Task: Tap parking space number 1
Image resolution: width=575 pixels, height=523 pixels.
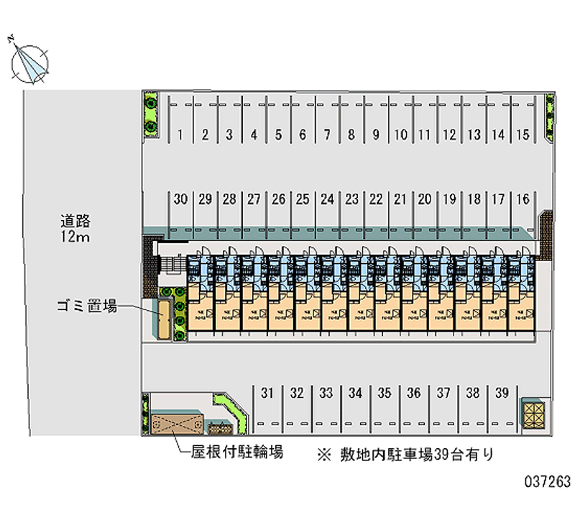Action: coord(180,134)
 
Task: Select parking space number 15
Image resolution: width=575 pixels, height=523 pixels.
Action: coord(523,134)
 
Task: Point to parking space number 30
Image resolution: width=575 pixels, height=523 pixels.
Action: coord(180,199)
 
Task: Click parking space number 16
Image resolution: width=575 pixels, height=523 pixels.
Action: coord(523,199)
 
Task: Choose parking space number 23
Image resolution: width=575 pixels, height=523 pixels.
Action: coord(352,199)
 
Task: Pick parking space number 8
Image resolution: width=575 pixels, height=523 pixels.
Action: coord(351,134)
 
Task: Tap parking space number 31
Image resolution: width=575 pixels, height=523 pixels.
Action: coord(267,393)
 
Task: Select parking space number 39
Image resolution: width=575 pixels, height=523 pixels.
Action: coord(502,393)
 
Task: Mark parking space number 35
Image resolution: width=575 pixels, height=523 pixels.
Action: coord(385,393)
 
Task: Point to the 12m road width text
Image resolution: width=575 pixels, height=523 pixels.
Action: coord(75,237)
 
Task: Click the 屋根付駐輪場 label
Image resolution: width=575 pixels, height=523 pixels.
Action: coord(236,452)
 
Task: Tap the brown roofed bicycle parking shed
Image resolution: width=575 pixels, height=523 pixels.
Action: coord(174,423)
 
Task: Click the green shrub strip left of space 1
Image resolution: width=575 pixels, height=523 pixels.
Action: coord(151,114)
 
